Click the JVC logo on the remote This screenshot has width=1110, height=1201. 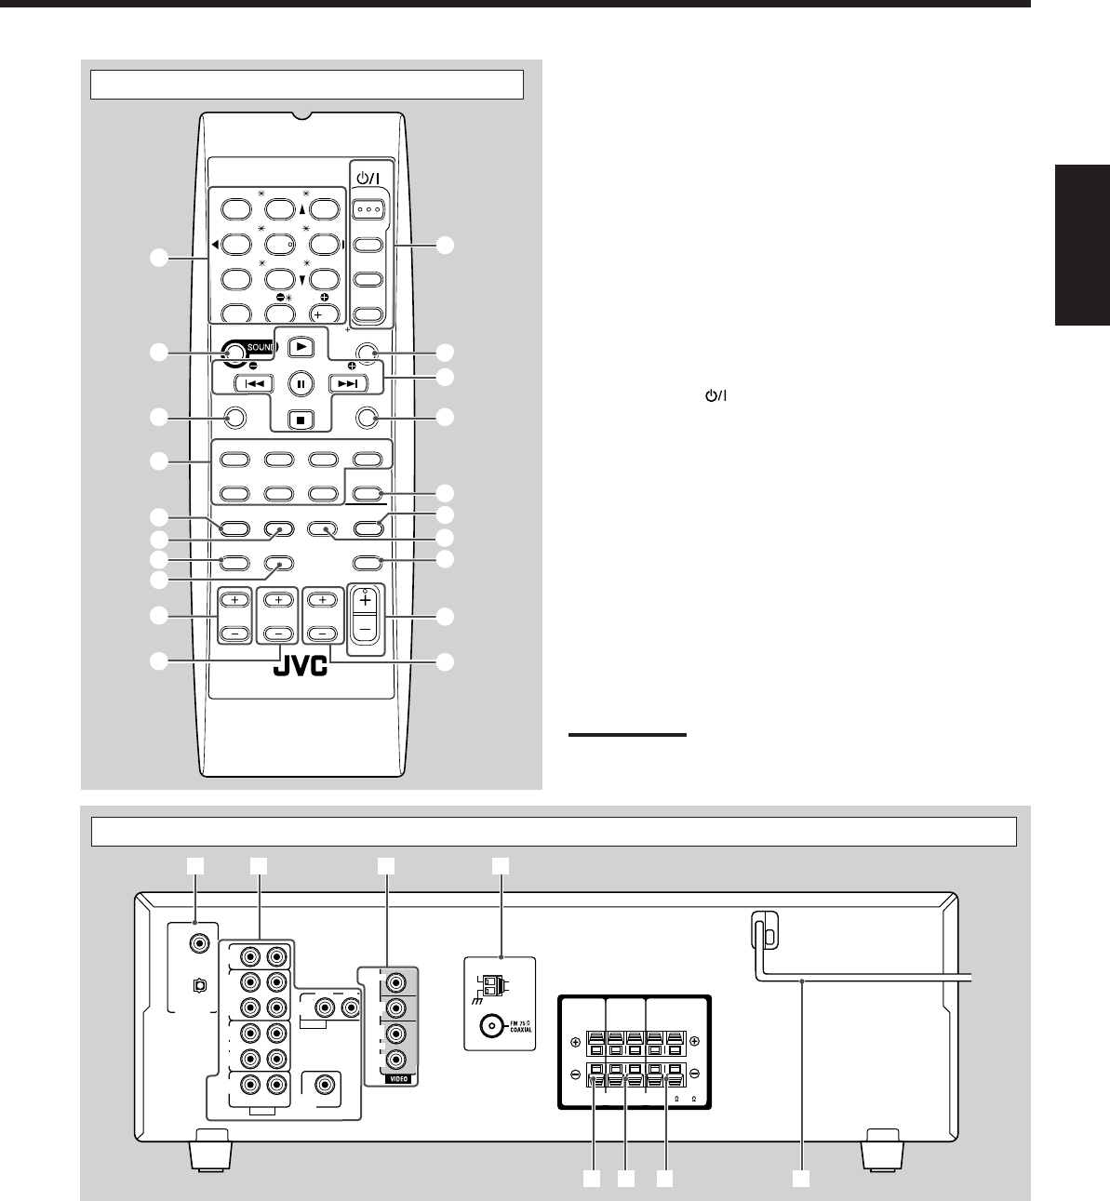coord(301,666)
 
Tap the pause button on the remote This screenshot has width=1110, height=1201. coord(301,383)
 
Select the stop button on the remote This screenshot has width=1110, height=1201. coord(301,419)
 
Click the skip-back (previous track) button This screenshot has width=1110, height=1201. coord(254,383)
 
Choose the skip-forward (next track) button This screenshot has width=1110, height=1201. coord(348,383)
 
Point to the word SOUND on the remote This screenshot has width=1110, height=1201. coord(261,348)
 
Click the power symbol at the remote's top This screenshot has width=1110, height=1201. coord(368,179)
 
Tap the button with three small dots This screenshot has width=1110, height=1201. coord(368,210)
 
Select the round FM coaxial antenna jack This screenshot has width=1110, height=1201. coord(491,1026)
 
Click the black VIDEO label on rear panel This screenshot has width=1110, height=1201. coord(399,1079)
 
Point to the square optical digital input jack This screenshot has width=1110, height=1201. coord(200,986)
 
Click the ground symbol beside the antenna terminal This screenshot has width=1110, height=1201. coord(478,1000)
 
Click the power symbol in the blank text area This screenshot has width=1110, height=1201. coord(715,396)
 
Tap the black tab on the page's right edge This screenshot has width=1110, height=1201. coord(1082,245)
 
